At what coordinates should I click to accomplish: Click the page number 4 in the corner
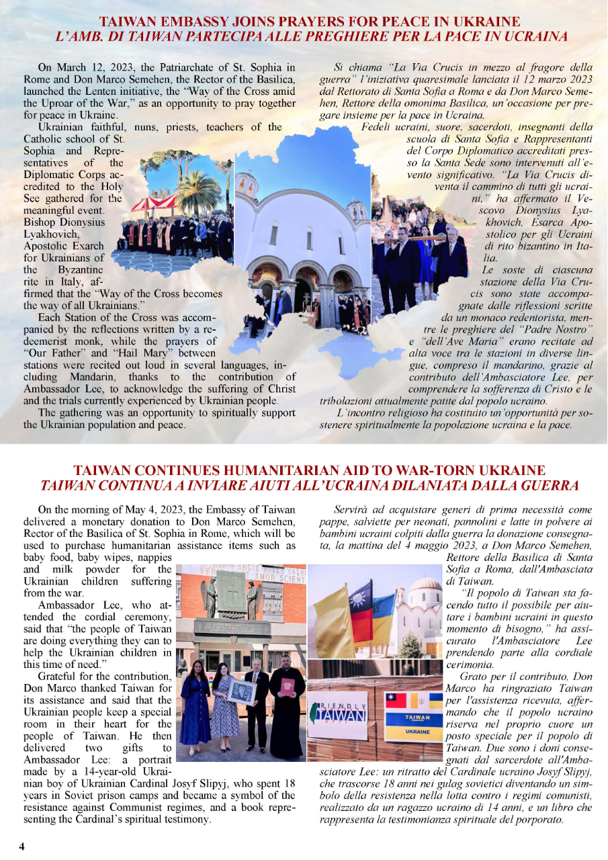(21, 846)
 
